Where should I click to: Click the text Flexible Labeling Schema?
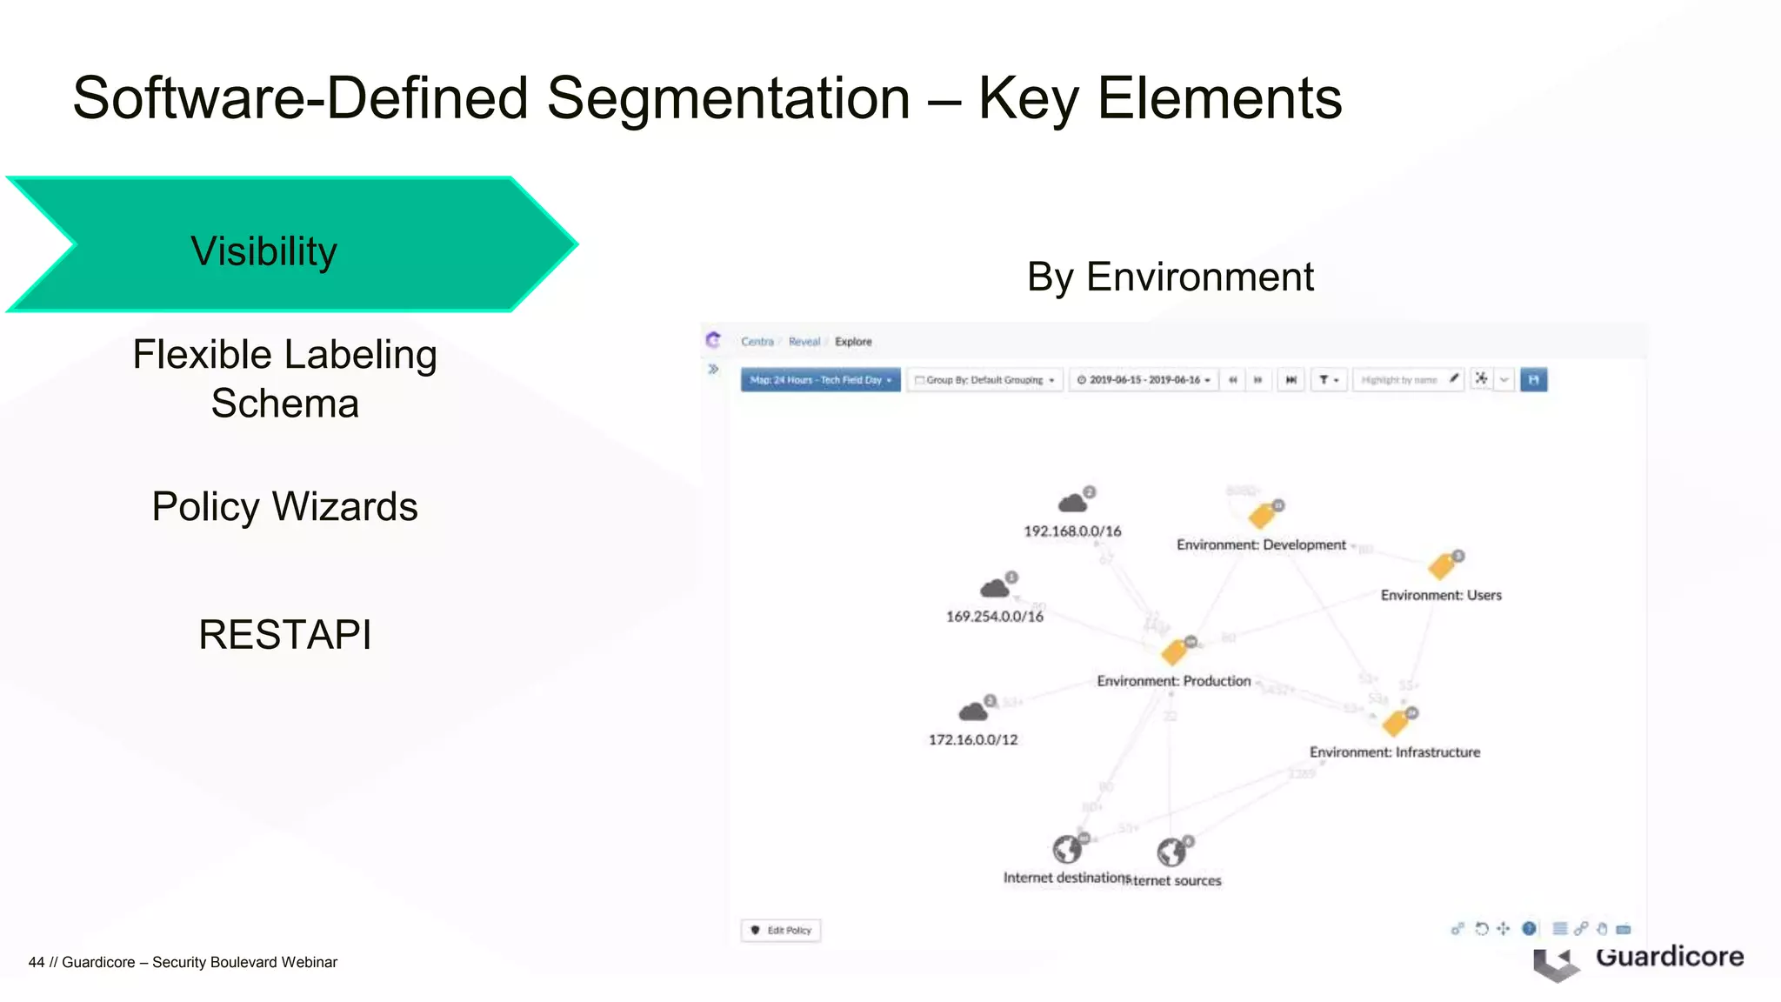point(284,378)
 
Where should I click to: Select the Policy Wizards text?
point(284,506)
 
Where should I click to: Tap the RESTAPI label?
point(284,634)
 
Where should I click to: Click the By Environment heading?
point(1170,277)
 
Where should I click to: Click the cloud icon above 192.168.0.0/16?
point(1073,502)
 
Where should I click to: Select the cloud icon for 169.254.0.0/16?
point(995,588)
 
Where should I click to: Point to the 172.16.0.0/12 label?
point(972,739)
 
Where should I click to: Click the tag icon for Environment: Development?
point(1262,516)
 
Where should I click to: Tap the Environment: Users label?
point(1441,595)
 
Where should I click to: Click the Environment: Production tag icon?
point(1175,651)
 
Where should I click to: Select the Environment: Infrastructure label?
point(1394,751)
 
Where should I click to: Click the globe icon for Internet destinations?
point(1066,849)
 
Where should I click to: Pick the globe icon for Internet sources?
point(1171,852)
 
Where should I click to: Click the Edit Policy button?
point(781,930)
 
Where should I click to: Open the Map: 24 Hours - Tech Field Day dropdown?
point(820,380)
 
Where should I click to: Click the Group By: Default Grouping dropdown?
point(984,380)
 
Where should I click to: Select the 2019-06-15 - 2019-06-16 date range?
point(1144,380)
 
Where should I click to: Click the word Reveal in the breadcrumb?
point(804,342)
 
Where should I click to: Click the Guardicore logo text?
point(1669,957)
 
